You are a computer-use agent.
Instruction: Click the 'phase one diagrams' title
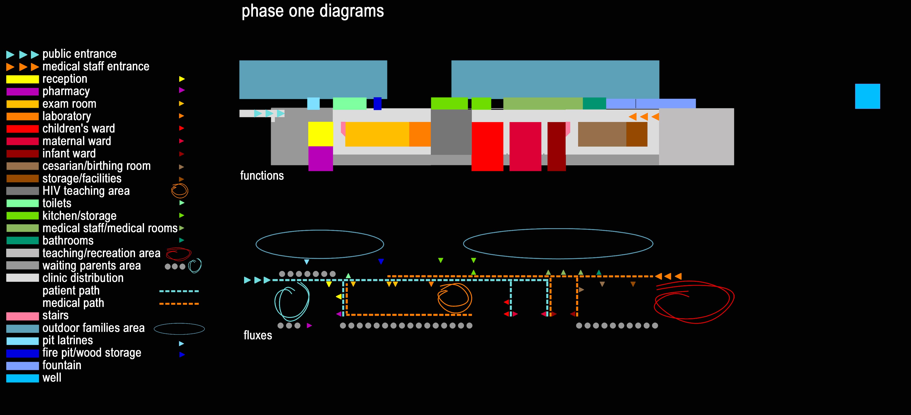pyautogui.click(x=312, y=11)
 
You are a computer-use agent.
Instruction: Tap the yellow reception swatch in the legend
pyautogui.click(x=22, y=79)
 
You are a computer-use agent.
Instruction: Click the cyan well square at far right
pyautogui.click(x=867, y=96)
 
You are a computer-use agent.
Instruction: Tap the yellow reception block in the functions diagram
pyautogui.click(x=320, y=134)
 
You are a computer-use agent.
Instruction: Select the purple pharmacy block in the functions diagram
pyautogui.click(x=320, y=158)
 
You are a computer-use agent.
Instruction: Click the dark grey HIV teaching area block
pyautogui.click(x=451, y=132)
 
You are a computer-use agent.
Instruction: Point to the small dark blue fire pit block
pyautogui.click(x=377, y=103)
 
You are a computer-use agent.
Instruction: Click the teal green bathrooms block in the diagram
pyautogui.click(x=594, y=103)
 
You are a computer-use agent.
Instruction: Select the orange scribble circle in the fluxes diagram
pyautogui.click(x=455, y=298)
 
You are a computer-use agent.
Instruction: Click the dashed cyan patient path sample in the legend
pyautogui.click(x=179, y=291)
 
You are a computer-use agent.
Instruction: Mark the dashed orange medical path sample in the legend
pyautogui.click(x=179, y=304)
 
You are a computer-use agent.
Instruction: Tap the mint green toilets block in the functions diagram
pyautogui.click(x=349, y=103)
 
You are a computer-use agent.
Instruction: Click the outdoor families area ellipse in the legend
pyautogui.click(x=179, y=329)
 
